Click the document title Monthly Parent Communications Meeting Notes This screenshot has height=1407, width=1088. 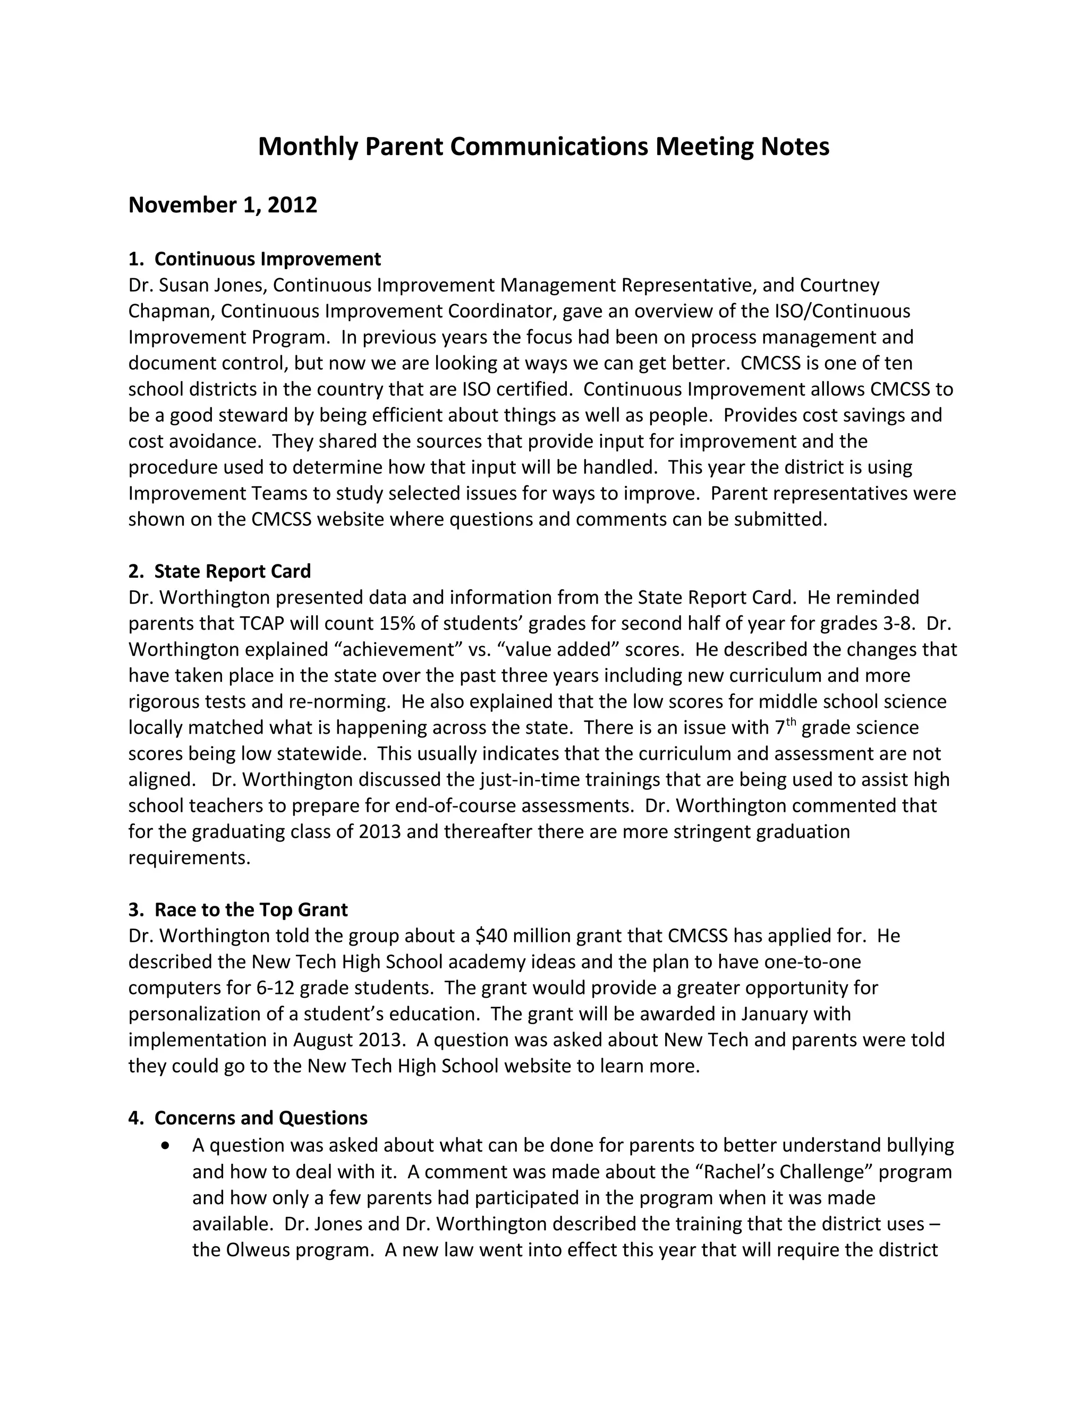click(543, 147)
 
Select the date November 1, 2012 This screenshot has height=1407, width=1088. click(223, 205)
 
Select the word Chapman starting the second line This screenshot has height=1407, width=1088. click(172, 311)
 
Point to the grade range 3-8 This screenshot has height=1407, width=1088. click(900, 624)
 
